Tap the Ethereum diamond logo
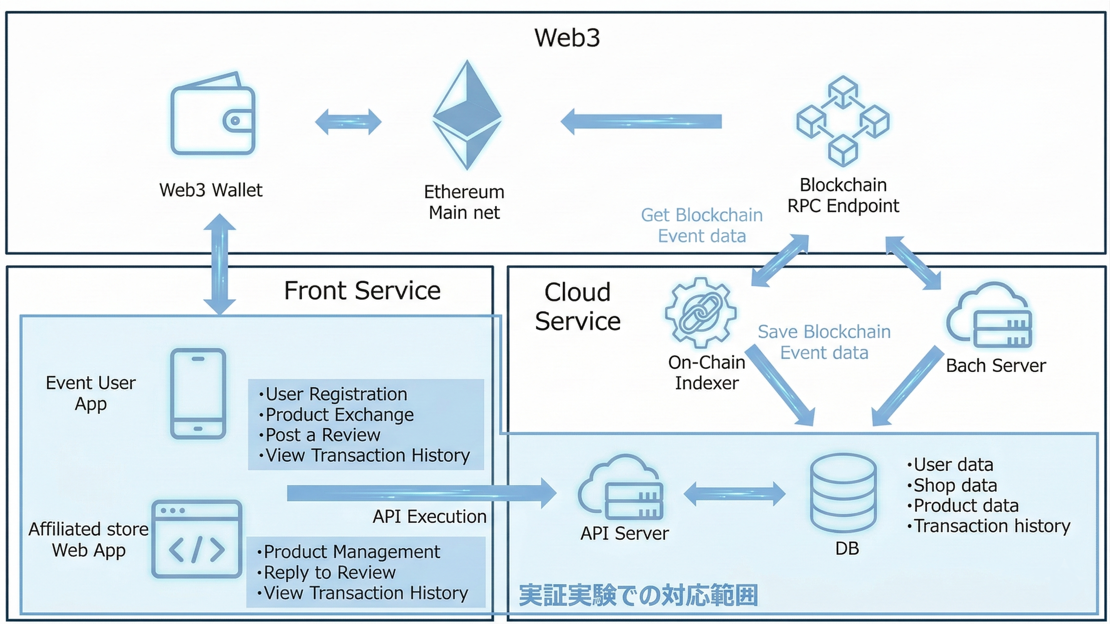(x=467, y=115)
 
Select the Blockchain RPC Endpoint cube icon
(x=843, y=121)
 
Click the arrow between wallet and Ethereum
(x=348, y=122)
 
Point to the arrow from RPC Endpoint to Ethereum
(x=641, y=121)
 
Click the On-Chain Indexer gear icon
(x=700, y=313)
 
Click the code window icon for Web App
(x=197, y=539)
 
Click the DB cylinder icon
(x=843, y=493)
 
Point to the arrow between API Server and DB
(x=735, y=494)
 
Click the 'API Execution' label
(x=429, y=517)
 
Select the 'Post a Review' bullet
(x=322, y=435)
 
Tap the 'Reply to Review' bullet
(x=329, y=572)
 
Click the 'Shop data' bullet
(x=955, y=485)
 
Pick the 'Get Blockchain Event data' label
(x=701, y=225)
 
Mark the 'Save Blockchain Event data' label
(x=824, y=342)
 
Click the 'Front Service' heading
(x=362, y=291)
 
